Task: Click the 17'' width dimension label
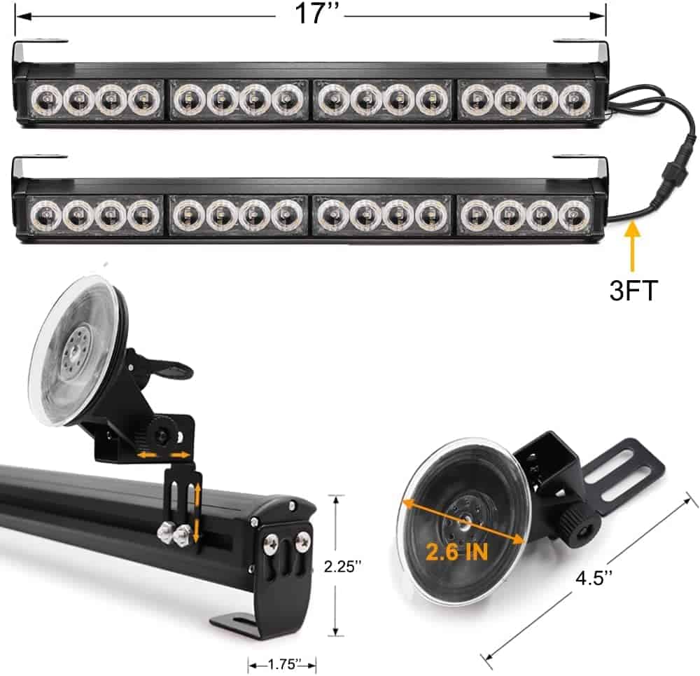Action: (317, 13)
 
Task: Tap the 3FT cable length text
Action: (633, 291)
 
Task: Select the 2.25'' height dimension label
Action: (342, 566)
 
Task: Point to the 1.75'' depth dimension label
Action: (283, 664)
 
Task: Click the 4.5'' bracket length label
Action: (594, 578)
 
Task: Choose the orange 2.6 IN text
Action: (456, 552)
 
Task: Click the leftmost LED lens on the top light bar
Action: (45, 100)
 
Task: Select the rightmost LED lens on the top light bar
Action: (575, 100)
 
